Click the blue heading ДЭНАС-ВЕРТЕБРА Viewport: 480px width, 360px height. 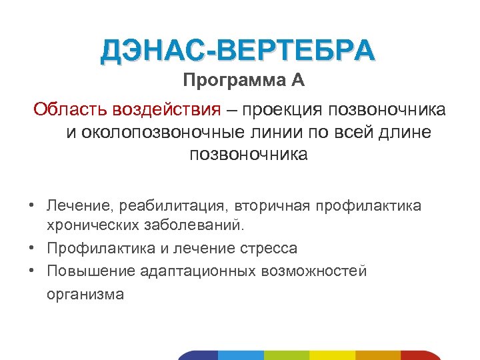pos(239,51)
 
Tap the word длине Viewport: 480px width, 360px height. pos(406,132)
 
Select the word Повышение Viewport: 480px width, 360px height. pos(91,271)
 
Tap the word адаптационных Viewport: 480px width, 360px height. pos(198,271)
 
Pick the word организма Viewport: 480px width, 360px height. pos(85,294)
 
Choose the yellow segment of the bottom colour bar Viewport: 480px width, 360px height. pos(333,355)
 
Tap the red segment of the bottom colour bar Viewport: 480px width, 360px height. pos(421,355)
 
